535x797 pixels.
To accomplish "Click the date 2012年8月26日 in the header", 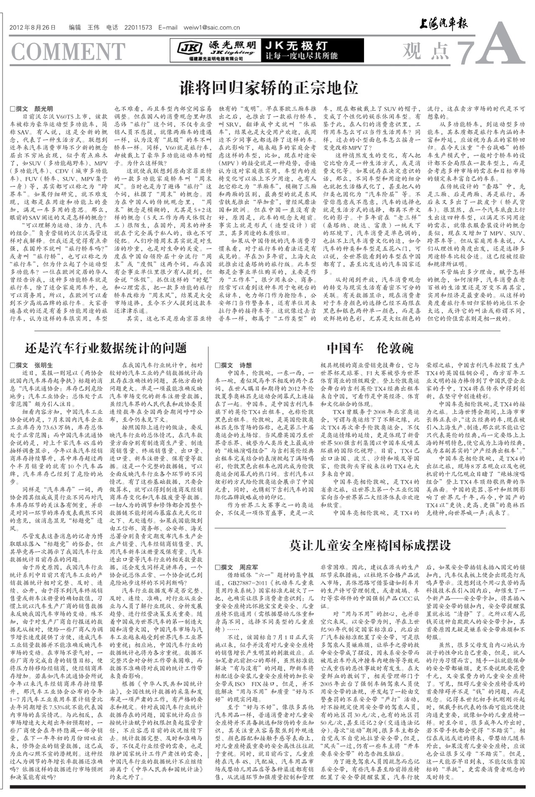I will click(32, 28).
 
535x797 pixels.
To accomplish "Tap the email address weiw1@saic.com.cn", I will click(211, 28).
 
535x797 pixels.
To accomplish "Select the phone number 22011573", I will click(138, 28).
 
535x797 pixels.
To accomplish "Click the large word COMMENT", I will click(68, 51).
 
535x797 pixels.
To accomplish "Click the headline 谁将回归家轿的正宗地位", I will click(269, 88).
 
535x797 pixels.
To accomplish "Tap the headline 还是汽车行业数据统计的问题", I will click(106, 348).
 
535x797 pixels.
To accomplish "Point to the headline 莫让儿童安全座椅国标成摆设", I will click(370, 545).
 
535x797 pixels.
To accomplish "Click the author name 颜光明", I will click(43, 109).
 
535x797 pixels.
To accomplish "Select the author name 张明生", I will click(43, 365).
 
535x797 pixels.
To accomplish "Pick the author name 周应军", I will click(248, 567).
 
